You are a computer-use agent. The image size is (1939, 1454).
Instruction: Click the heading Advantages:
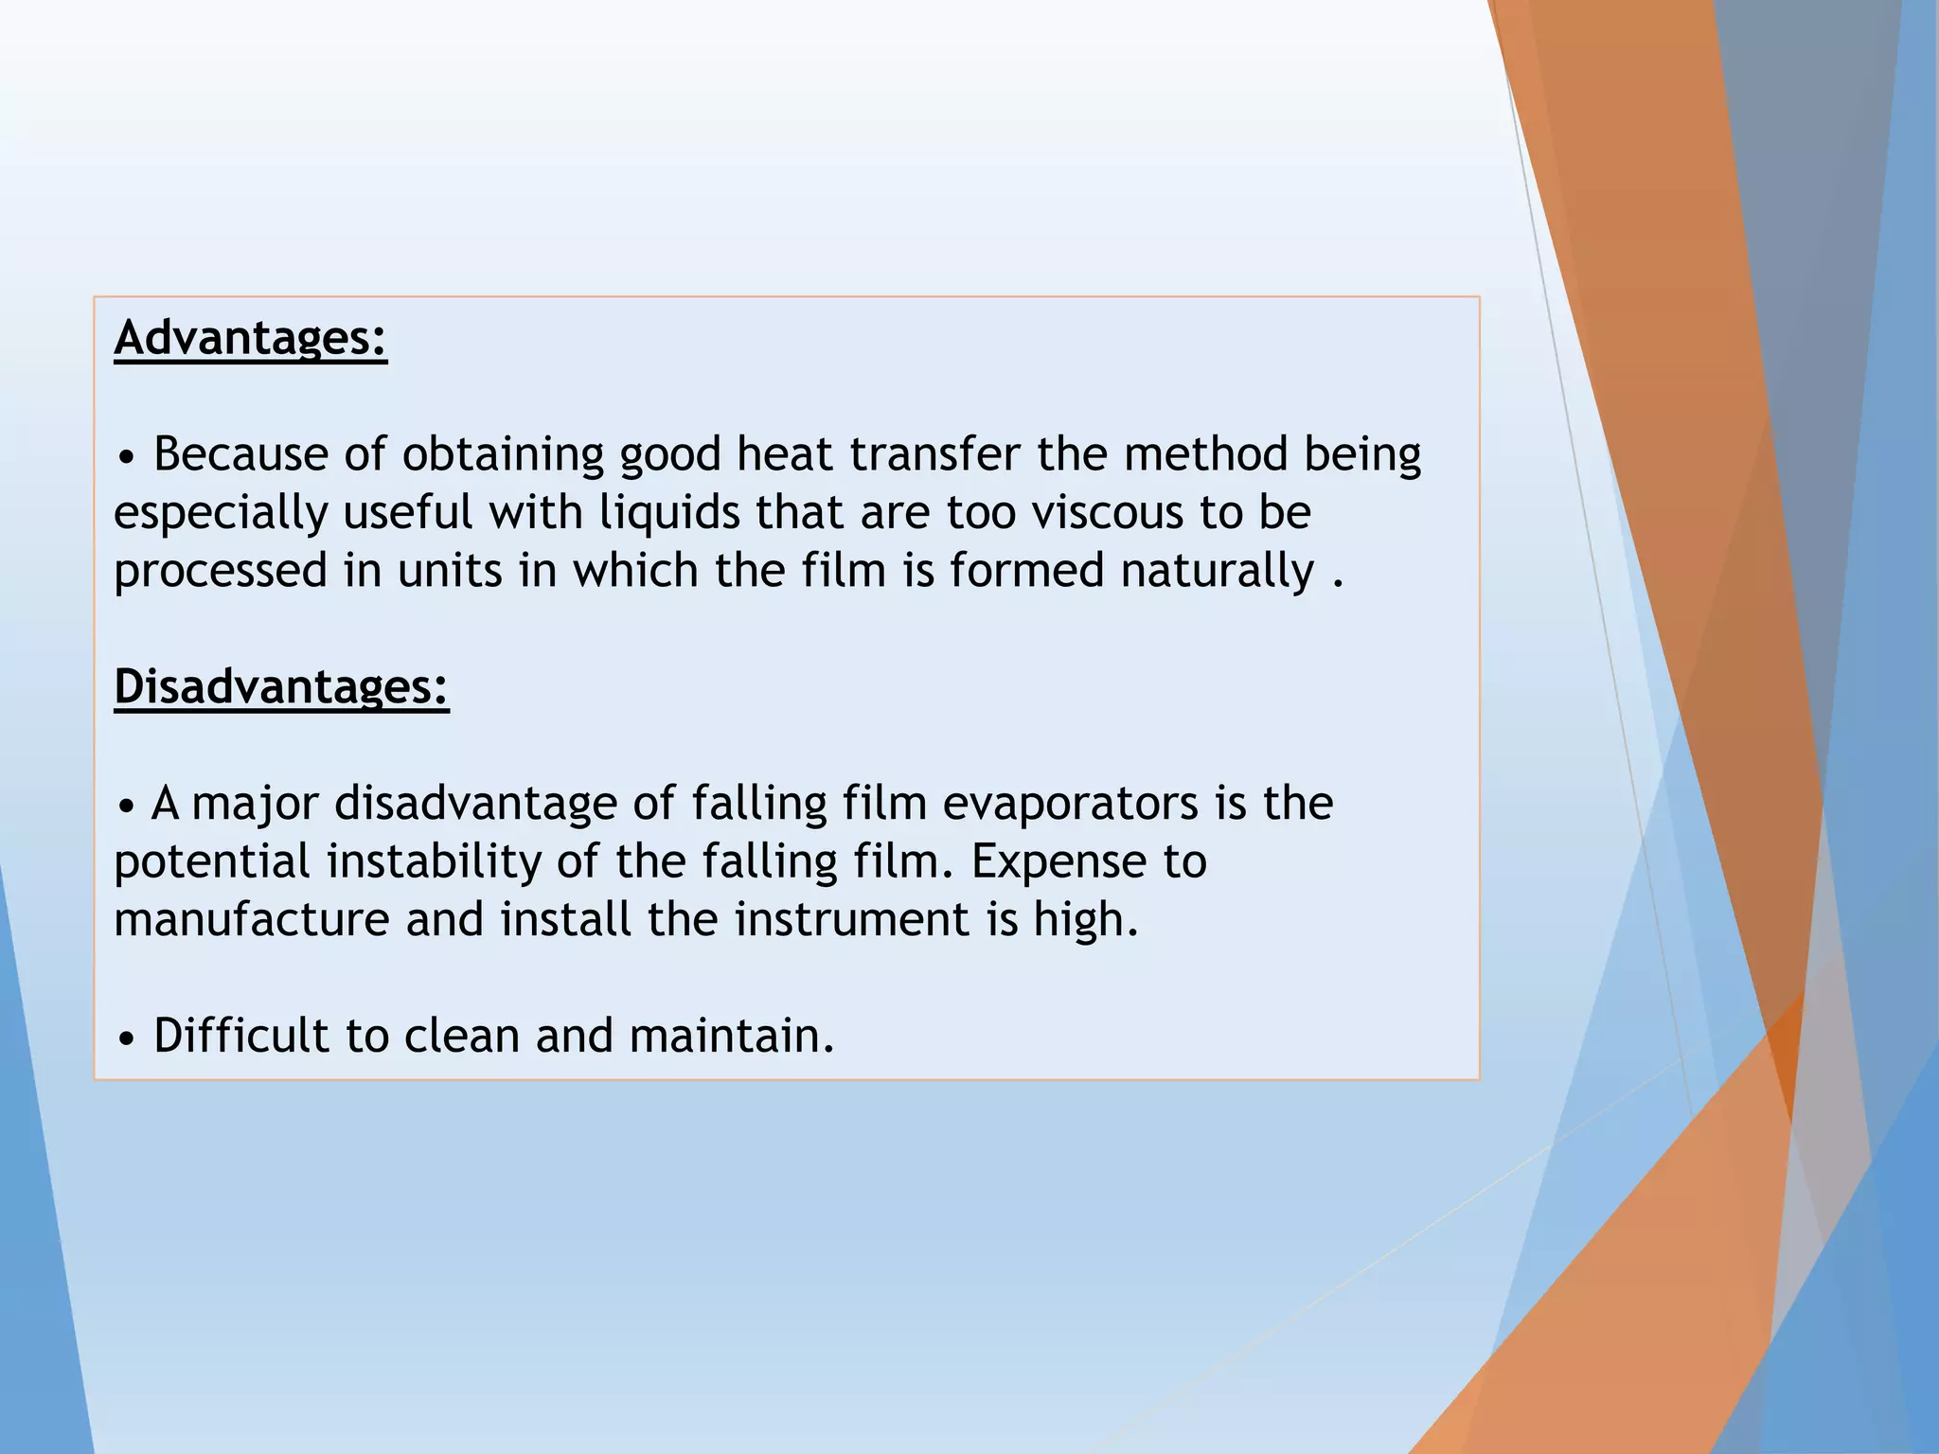click(250, 338)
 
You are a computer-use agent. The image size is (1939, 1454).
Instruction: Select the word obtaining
click(503, 455)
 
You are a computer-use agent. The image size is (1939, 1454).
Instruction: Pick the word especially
click(220, 514)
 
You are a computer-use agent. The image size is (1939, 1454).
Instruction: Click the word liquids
click(668, 514)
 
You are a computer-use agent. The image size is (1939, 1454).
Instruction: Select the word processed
click(221, 572)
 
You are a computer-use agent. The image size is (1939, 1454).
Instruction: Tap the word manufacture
click(251, 919)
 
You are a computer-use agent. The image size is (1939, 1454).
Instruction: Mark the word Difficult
click(240, 1036)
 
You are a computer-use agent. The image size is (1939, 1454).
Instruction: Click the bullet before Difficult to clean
click(127, 1038)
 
